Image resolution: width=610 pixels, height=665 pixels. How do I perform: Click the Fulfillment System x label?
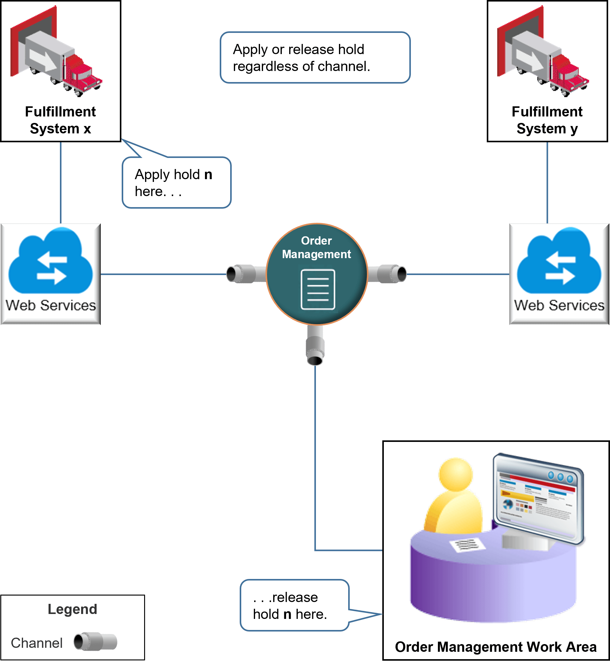(61, 120)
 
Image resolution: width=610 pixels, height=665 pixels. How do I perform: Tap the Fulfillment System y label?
(547, 120)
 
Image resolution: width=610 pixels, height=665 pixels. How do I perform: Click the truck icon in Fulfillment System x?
(56, 53)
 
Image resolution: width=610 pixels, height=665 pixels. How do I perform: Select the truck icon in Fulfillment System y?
(543, 53)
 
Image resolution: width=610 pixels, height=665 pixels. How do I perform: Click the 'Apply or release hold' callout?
(315, 57)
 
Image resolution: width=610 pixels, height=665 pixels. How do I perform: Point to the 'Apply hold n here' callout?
(176, 183)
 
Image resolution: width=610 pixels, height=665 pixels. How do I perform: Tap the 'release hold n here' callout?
(294, 605)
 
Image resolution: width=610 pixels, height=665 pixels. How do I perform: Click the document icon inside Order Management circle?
(318, 289)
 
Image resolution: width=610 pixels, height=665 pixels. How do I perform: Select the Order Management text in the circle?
(316, 247)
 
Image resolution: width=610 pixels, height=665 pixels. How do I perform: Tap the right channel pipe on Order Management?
(388, 273)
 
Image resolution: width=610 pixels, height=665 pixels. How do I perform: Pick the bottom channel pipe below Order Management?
(315, 347)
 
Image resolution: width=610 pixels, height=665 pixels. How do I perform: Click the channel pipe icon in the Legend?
(95, 642)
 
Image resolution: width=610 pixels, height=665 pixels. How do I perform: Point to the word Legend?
(72, 609)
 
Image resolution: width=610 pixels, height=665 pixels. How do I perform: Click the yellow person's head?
(456, 474)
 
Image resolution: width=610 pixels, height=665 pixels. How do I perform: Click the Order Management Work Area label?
(495, 647)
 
